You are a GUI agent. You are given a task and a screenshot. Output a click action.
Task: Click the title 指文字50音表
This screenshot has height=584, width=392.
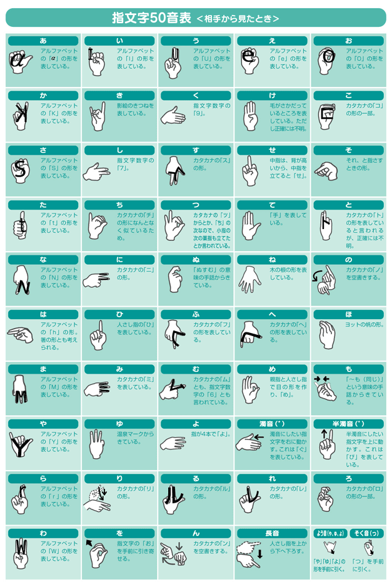pyautogui.click(x=152, y=18)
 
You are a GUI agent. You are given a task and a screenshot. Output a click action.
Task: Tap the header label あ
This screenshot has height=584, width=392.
pyautogui.click(x=43, y=41)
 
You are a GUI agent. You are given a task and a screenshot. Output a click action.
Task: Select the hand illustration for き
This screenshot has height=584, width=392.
pyautogui.click(x=98, y=116)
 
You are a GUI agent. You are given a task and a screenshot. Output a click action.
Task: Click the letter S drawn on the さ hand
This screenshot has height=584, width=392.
pyautogui.click(x=21, y=169)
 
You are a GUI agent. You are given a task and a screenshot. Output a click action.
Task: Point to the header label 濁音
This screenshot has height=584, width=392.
pyautogui.click(x=272, y=424)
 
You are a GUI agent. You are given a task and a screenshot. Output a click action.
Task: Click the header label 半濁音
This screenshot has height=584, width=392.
pyautogui.click(x=348, y=424)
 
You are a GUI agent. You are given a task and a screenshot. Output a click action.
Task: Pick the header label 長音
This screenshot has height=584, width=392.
pyautogui.click(x=272, y=533)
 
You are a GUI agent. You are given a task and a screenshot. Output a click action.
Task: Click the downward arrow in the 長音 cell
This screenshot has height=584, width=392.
pyautogui.click(x=260, y=553)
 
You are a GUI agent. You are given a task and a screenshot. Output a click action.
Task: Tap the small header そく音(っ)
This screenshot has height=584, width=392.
pyautogui.click(x=367, y=533)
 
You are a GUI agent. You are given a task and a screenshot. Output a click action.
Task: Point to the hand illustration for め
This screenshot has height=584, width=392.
pyautogui.click(x=250, y=389)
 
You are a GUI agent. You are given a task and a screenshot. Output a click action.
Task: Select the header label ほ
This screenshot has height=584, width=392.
pyautogui.click(x=348, y=314)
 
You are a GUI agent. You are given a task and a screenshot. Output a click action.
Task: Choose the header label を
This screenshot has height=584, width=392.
pyautogui.click(x=119, y=533)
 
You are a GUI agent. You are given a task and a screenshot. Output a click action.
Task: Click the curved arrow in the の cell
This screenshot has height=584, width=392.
pyautogui.click(x=317, y=277)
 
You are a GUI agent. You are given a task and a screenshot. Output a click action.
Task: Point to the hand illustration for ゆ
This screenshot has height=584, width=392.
pyautogui.click(x=96, y=444)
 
